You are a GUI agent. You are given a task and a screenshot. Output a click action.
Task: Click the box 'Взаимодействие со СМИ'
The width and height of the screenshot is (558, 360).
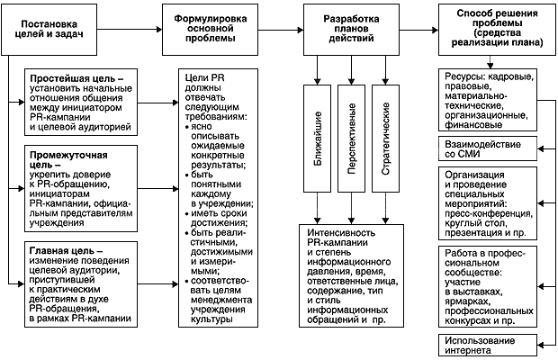pyautogui.click(x=493, y=149)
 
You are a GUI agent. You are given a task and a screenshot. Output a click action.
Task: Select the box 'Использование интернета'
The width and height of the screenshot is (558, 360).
pyautogui.click(x=493, y=345)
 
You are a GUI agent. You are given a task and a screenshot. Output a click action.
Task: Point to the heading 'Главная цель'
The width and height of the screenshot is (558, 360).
pyautogui.click(x=63, y=247)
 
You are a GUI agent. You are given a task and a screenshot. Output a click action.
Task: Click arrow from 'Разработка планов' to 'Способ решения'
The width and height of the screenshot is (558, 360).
pyautogui.click(x=418, y=26)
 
